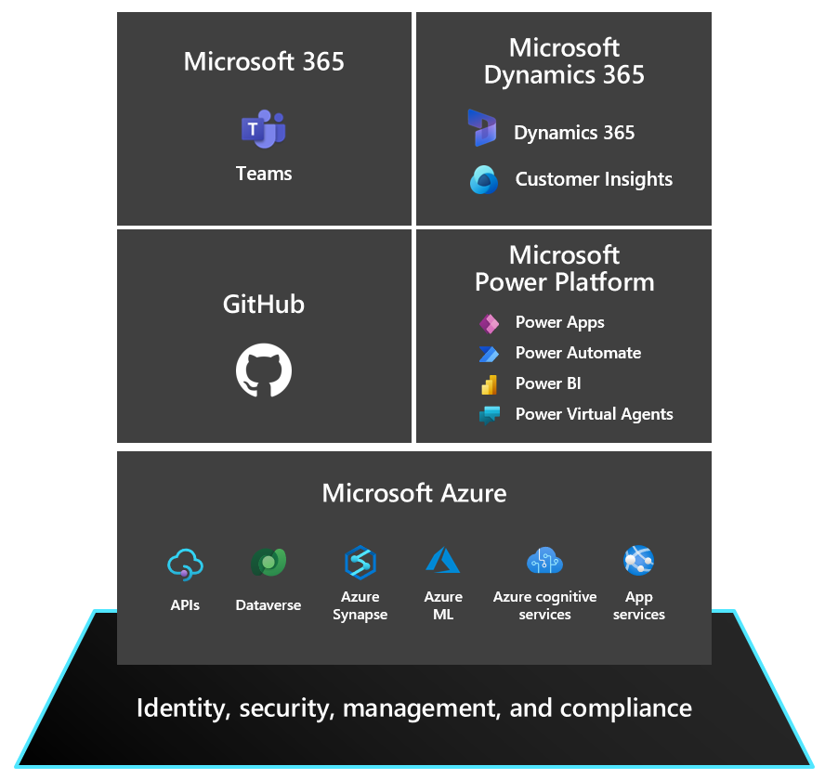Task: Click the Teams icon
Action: pyautogui.click(x=263, y=129)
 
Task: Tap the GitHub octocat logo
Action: pyautogui.click(x=264, y=370)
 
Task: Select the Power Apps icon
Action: pyautogui.click(x=489, y=323)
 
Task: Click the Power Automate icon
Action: pyautogui.click(x=489, y=354)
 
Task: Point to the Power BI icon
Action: pyautogui.click(x=489, y=384)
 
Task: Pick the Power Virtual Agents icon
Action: pyautogui.click(x=490, y=415)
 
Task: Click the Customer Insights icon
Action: pyautogui.click(x=484, y=180)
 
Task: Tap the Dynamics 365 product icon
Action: pyautogui.click(x=482, y=128)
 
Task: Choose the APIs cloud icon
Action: pyautogui.click(x=185, y=565)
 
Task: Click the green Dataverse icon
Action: pyautogui.click(x=268, y=562)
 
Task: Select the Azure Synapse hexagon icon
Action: pyautogui.click(x=360, y=563)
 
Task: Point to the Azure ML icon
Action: pyautogui.click(x=442, y=560)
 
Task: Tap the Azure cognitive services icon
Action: pyautogui.click(x=544, y=560)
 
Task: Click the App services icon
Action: pyautogui.click(x=639, y=560)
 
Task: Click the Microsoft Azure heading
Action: pyautogui.click(x=414, y=493)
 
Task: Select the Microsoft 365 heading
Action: pyautogui.click(x=264, y=61)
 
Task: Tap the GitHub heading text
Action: pyautogui.click(x=264, y=304)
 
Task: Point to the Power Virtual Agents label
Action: pyautogui.click(x=594, y=414)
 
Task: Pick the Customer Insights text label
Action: pyautogui.click(x=594, y=179)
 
